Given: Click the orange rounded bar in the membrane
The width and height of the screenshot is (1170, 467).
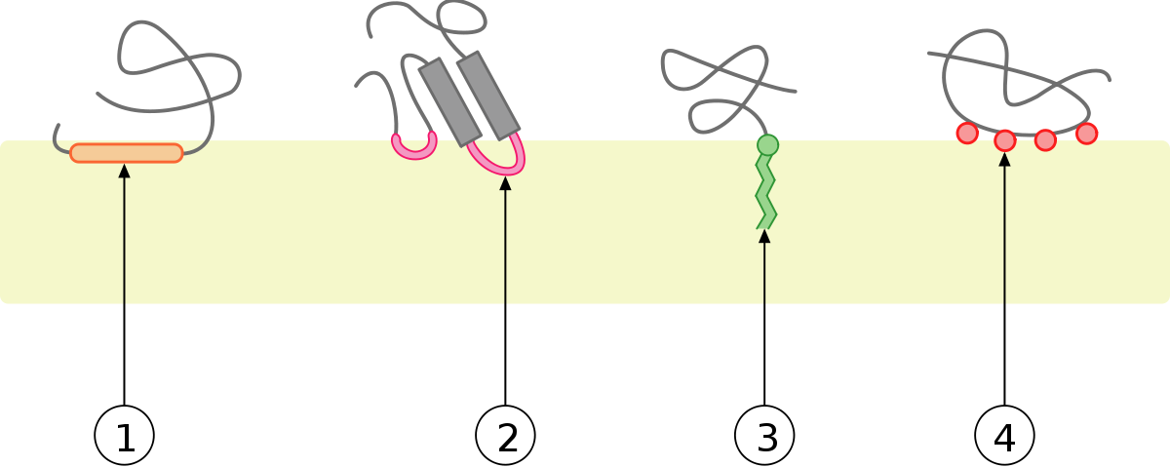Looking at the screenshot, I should [x=127, y=153].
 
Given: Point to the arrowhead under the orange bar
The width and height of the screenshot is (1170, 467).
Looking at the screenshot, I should [x=124, y=172].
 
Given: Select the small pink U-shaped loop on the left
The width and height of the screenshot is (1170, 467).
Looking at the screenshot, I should [x=413, y=148].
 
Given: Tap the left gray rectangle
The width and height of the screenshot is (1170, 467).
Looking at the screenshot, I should [x=450, y=101].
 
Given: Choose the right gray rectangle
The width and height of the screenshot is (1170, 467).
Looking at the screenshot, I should [x=488, y=95].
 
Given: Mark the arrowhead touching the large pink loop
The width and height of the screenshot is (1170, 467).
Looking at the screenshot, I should [x=505, y=183].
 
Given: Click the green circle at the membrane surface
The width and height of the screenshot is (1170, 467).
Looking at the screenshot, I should [x=768, y=145].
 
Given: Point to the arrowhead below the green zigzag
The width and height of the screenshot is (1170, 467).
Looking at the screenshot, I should [x=764, y=236].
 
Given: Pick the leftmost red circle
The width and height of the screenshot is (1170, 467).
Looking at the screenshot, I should [x=967, y=133].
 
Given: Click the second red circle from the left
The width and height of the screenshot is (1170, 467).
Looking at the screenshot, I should [x=1005, y=140].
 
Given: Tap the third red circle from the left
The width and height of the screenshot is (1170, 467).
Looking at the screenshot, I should [x=1045, y=139].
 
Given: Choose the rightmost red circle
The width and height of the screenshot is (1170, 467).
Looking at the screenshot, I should [x=1087, y=133].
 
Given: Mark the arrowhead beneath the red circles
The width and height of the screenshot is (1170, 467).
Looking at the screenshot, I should [x=1004, y=159].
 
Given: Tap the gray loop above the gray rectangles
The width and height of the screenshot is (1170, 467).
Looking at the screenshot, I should [x=458, y=19].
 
